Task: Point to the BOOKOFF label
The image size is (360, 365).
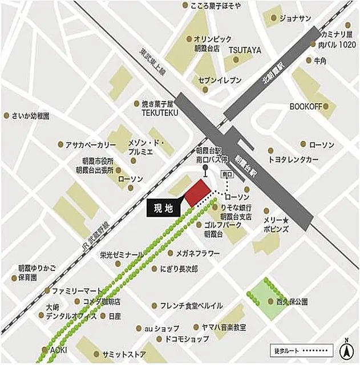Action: pyautogui.click(x=306, y=107)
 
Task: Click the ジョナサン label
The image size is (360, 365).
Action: pyautogui.click(x=295, y=18)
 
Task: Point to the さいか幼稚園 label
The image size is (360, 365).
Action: pyautogui.click(x=30, y=115)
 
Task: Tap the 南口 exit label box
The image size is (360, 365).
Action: pyautogui.click(x=226, y=174)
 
